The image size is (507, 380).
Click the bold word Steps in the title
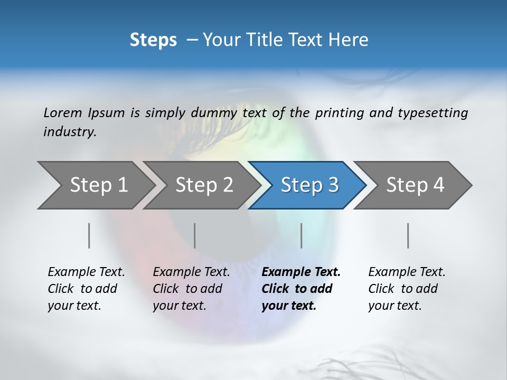(153, 40)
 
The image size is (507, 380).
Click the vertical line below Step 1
(89, 235)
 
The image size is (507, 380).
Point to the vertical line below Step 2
(195, 235)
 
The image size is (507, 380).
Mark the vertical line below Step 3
(302, 235)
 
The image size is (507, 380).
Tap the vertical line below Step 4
(408, 235)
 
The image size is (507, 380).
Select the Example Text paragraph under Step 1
(86, 289)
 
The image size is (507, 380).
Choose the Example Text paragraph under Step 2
(191, 289)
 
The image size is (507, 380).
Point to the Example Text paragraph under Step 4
(407, 289)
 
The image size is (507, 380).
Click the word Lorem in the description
(63, 112)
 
